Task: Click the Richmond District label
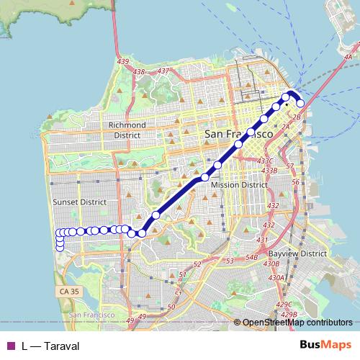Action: [127, 130]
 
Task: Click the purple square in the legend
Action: [11, 346]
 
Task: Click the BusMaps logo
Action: [325, 345]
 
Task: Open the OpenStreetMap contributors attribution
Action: [297, 323]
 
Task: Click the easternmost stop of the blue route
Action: [300, 104]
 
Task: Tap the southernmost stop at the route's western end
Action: [60, 247]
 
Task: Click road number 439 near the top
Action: [123, 62]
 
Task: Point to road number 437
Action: [163, 71]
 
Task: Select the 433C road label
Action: [266, 161]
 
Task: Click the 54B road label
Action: [251, 257]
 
